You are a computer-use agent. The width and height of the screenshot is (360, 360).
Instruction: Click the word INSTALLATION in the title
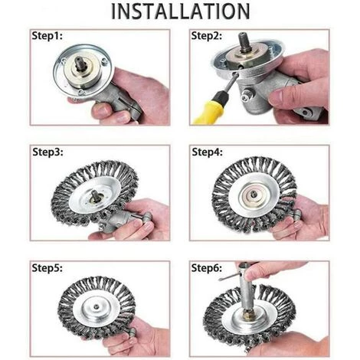click(x=181, y=11)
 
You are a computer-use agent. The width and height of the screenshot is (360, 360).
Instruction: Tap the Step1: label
click(x=47, y=36)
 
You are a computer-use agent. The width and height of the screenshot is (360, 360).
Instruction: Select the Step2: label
click(x=207, y=36)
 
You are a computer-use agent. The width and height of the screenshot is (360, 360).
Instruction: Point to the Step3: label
click(x=47, y=152)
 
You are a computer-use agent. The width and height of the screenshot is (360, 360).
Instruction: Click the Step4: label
click(x=207, y=152)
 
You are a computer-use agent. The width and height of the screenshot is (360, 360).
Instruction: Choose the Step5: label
click(x=47, y=268)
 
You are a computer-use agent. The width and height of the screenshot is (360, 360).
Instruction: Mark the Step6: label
click(x=207, y=268)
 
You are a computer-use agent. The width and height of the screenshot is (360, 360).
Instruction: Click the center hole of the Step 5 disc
click(x=96, y=306)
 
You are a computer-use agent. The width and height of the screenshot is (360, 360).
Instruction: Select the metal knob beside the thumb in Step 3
click(x=147, y=217)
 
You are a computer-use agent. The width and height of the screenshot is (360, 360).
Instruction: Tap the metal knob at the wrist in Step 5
click(x=132, y=332)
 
